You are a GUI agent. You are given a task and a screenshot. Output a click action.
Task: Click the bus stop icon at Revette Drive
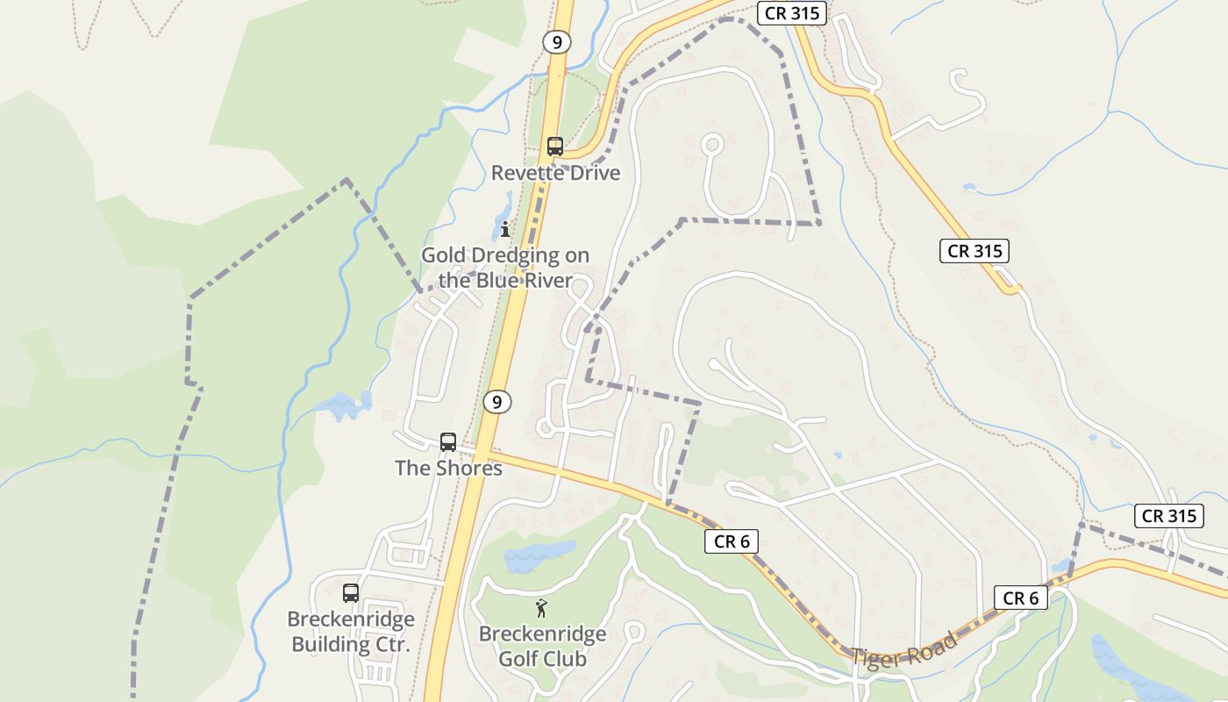[x=554, y=147]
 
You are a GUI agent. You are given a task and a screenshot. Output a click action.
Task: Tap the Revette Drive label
[x=555, y=173]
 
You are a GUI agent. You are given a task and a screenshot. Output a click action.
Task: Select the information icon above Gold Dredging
[x=505, y=230]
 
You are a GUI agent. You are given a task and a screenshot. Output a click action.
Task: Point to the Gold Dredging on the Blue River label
[x=505, y=268]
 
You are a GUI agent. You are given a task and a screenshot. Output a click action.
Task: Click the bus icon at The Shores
[x=448, y=441]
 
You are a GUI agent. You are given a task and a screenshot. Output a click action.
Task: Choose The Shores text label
[x=448, y=468]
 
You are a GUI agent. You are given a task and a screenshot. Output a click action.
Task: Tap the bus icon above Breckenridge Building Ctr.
[x=351, y=593]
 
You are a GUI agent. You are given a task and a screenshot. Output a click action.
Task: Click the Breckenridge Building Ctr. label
[x=351, y=632]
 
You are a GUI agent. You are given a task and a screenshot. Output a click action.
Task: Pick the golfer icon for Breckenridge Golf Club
[x=541, y=607]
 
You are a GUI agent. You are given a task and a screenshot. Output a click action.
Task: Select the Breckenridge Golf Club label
[x=542, y=645]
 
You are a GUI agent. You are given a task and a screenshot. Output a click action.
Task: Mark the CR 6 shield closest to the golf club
[x=732, y=541]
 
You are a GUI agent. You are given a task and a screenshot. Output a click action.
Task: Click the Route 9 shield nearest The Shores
[x=497, y=403]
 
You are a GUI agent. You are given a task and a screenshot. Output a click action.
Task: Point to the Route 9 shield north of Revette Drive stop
[x=556, y=41]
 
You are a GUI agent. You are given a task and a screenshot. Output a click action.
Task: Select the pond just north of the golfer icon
[x=538, y=554]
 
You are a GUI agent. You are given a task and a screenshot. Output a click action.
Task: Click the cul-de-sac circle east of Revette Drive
[x=712, y=143]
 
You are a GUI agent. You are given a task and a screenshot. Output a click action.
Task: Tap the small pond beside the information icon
[x=503, y=212]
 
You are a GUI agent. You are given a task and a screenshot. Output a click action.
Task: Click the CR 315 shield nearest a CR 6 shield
[x=1169, y=516]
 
